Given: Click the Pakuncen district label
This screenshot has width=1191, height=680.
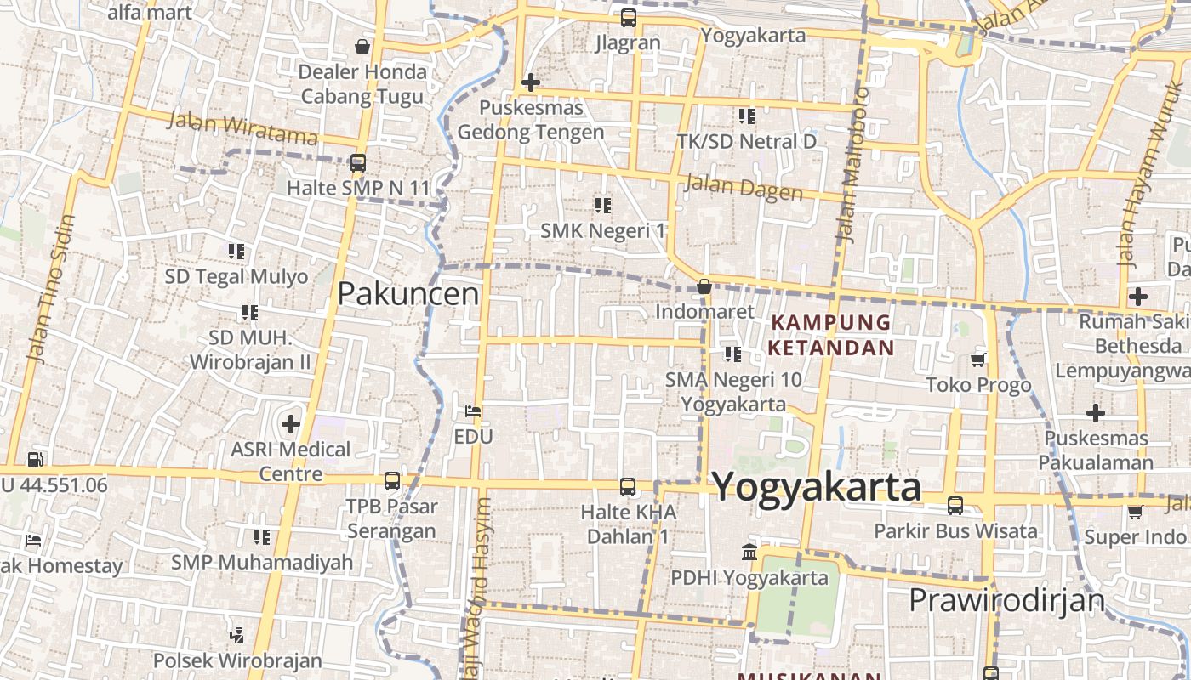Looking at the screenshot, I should point(408,294).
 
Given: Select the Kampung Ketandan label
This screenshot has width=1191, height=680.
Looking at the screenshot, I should point(830,335).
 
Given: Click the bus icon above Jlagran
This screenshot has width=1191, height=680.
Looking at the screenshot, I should point(628,17).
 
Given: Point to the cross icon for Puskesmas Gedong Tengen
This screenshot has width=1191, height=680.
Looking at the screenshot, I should point(531,82).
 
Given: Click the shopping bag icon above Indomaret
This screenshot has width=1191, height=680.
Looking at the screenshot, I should point(704,286).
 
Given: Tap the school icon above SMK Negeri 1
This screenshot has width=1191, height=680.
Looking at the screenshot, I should point(603,205).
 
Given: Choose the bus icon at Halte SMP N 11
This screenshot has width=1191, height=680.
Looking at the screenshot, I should point(358,162).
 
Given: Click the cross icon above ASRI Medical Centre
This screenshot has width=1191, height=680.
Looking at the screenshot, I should point(291,423).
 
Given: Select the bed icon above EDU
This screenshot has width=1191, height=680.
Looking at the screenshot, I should point(474,411).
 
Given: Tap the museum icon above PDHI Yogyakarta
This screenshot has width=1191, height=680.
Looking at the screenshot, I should point(749,552).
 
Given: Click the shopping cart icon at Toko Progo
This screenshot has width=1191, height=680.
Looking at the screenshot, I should point(978,360).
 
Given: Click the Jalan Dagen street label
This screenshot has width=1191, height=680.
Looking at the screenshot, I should point(743,189).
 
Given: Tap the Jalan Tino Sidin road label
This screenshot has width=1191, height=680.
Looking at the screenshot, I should point(52,289).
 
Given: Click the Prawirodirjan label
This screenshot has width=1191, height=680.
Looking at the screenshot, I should point(1006,600).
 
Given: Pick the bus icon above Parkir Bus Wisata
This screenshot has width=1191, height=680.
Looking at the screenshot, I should point(955,506).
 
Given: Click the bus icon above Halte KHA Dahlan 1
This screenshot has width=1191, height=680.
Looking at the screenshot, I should point(628,487).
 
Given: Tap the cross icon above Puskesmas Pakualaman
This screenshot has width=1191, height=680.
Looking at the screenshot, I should point(1096,414).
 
